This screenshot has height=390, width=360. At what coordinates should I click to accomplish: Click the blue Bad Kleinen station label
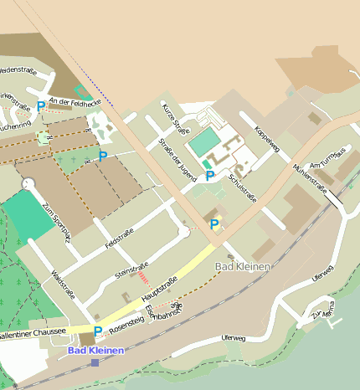95,351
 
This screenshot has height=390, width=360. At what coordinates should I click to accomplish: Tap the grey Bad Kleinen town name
243,266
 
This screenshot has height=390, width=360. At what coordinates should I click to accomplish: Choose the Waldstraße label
64,284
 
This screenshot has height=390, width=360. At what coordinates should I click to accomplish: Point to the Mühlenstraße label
311,177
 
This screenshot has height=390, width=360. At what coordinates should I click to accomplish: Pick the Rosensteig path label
127,319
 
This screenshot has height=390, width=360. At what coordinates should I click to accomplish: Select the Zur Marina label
323,316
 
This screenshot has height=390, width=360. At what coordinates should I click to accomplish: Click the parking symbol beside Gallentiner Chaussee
98,331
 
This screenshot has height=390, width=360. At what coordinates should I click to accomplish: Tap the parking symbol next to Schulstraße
210,176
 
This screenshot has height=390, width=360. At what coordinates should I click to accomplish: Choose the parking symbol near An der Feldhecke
41,106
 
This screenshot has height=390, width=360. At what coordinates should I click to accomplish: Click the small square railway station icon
95,362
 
